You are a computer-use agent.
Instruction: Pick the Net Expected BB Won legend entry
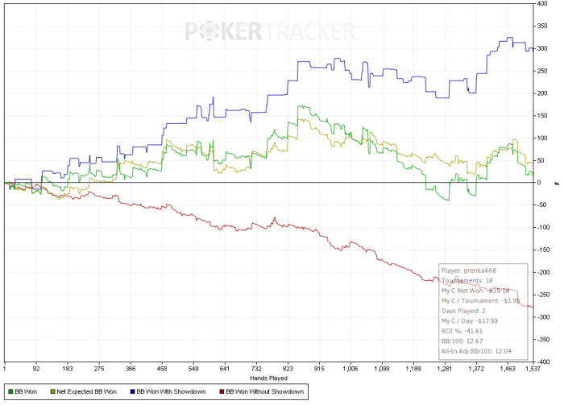tap(85, 391)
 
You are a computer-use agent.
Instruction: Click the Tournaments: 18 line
tap(467, 280)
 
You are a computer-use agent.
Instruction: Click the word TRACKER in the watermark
tap(308, 31)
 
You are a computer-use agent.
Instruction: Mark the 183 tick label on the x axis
tap(75, 369)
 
